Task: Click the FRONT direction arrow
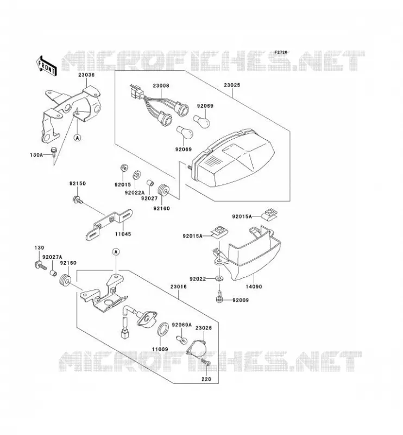(46, 66)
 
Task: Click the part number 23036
(86, 74)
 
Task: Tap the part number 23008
(161, 86)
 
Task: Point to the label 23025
(232, 85)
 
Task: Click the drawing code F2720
(281, 52)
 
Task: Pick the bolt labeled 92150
(77, 200)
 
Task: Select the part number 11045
(123, 234)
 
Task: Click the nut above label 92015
(124, 167)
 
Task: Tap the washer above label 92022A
(137, 175)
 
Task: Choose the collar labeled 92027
(150, 183)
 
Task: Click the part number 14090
(254, 287)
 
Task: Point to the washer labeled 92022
(219, 278)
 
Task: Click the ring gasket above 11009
(163, 328)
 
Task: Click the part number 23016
(179, 287)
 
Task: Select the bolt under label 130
(40, 265)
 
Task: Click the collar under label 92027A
(53, 272)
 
